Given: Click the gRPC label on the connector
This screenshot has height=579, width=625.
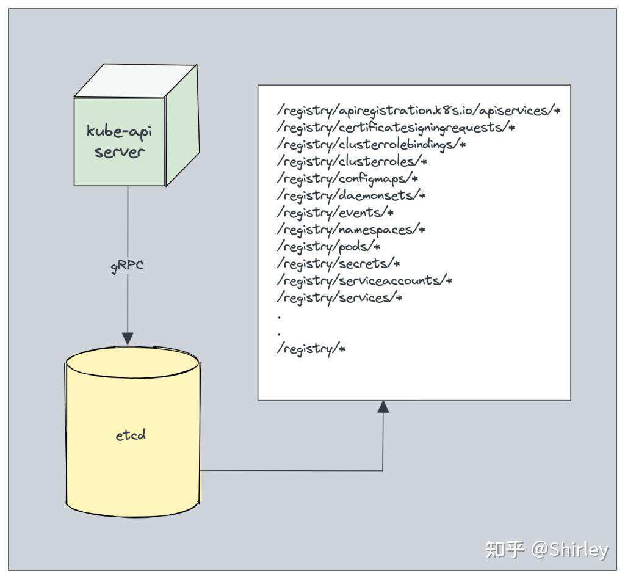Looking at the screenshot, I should coord(128,267).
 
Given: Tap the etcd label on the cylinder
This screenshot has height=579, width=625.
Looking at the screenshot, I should coord(131,435).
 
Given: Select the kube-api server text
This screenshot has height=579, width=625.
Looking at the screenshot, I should coord(120,141).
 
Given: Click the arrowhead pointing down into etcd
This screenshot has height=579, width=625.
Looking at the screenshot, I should coord(128,338).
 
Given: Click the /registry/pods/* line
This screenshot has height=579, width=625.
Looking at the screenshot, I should coord(329,246).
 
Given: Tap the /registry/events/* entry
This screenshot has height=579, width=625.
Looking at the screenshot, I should coord(336,213).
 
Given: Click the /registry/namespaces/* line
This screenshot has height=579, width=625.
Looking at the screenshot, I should coord(351,230).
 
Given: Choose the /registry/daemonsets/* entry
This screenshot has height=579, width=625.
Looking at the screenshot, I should coord(351,195).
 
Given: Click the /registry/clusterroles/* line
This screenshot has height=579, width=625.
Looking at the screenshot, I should coord(352,161).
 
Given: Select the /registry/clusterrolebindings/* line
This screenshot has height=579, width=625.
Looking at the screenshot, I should coord(372,145).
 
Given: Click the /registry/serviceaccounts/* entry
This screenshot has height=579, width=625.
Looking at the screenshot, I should coord(364,280).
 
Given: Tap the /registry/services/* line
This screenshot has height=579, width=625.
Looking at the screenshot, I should coord(340,297).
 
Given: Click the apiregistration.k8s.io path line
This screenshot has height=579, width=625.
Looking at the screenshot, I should coord(419,111).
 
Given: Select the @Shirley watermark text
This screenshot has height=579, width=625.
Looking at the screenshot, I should coord(569,549).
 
